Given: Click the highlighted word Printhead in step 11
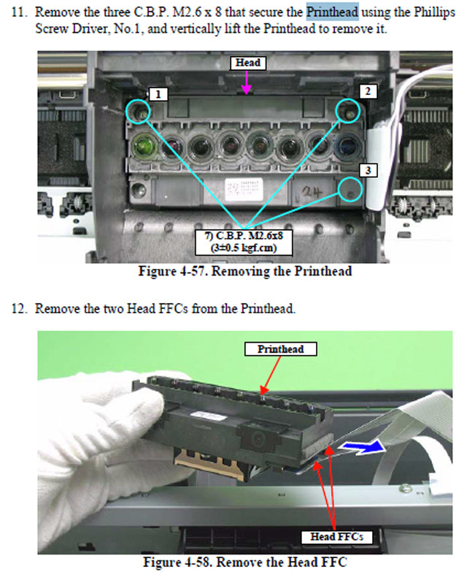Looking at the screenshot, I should (x=332, y=12).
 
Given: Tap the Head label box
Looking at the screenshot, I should (x=247, y=63).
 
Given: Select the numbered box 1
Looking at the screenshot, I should (x=158, y=94).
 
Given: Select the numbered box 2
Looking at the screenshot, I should (x=369, y=91).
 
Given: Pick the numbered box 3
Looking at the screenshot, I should (x=369, y=169).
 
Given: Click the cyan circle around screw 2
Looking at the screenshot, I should (x=350, y=111).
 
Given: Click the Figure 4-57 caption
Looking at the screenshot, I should (x=245, y=271).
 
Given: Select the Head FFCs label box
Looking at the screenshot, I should (x=336, y=537).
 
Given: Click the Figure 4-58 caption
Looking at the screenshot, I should (x=245, y=563).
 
